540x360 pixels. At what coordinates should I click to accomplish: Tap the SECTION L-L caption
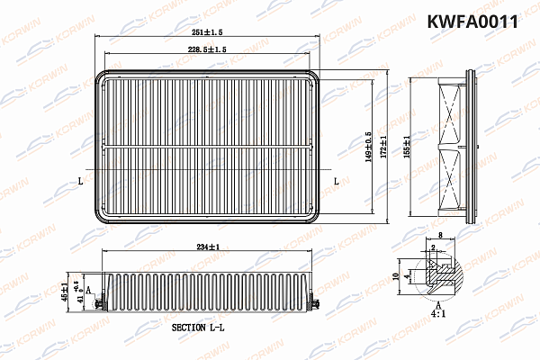tap(202, 329)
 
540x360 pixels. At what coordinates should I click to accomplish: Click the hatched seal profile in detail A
tap(440, 273)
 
